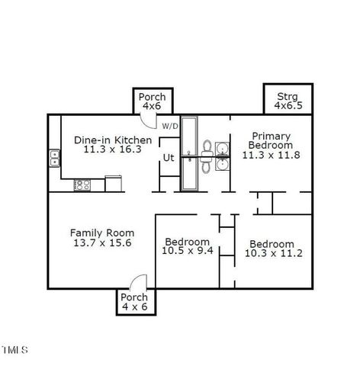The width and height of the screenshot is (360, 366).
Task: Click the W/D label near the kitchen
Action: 169,126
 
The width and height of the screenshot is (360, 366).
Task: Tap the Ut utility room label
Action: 168,158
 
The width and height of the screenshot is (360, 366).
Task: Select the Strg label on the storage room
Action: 287,96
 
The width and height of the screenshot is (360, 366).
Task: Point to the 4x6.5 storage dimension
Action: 288,106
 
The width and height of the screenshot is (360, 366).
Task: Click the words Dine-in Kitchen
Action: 113,140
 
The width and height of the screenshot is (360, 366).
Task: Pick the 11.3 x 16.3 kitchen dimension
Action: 113,150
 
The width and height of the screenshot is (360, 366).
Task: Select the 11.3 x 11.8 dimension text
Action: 272,155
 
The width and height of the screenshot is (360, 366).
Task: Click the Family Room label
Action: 102,233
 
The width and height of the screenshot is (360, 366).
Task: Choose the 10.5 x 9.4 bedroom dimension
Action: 188,251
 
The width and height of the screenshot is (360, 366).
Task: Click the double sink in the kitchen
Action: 55,159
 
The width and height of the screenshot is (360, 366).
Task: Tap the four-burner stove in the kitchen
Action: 82,184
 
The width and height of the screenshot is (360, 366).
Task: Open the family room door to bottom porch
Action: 137,282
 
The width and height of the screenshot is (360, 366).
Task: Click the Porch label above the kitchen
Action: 150,97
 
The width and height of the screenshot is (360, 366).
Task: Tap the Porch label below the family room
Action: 134,297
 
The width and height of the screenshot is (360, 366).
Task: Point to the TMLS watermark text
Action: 14,351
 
